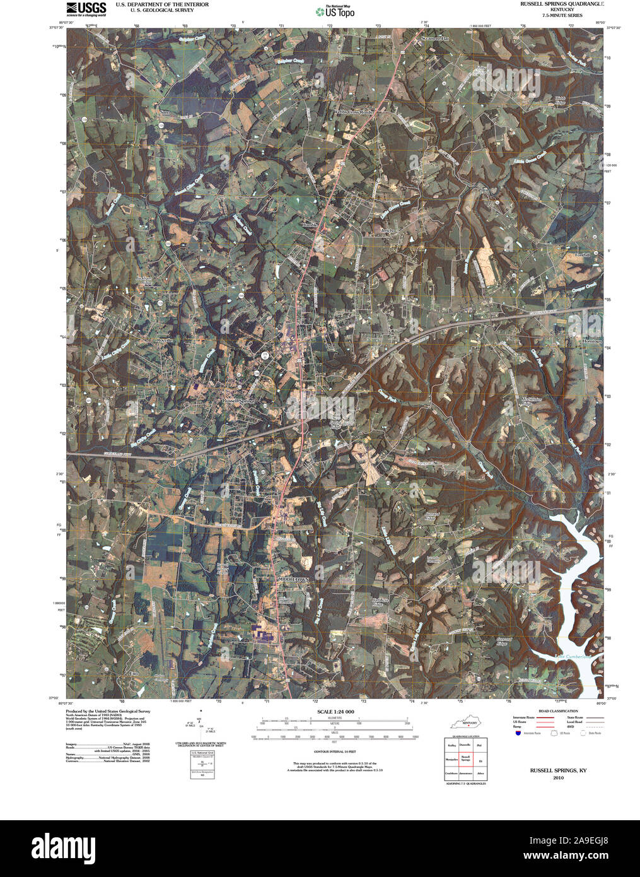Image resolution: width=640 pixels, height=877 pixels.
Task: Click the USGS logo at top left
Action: [86, 8]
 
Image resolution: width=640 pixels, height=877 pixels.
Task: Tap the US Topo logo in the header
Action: [335, 11]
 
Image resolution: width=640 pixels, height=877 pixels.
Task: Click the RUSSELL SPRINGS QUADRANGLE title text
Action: [561, 4]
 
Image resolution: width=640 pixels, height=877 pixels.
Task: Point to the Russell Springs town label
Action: [238, 401]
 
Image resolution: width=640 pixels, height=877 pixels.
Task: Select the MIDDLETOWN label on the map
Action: [293, 579]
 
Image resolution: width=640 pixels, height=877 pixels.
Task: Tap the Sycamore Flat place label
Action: [434, 39]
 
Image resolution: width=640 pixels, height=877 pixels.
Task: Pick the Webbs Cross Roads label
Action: [354, 112]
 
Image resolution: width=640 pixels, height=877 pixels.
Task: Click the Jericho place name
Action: [387, 231]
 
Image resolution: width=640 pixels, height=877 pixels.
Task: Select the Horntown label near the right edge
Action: [592, 341]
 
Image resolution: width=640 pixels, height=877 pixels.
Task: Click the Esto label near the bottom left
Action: [133, 674]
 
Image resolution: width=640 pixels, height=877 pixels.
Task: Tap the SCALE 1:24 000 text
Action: [335, 712]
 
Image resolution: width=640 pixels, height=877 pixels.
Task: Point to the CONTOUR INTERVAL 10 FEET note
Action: [335, 751]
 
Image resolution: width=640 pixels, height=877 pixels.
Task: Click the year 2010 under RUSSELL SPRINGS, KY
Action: [558, 778]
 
